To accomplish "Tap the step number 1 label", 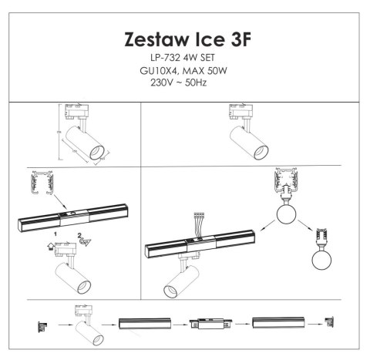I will pyautogui.click(x=55, y=232).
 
